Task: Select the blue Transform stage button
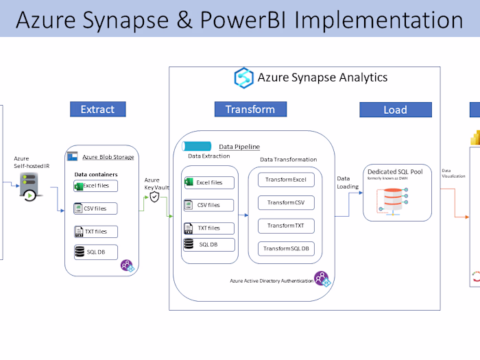250,109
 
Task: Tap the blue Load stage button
395,110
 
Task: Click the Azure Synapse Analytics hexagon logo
243,77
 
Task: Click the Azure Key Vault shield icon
155,197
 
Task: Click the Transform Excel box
286,180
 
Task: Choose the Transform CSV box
286,203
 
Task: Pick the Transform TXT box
286,226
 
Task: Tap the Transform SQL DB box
286,248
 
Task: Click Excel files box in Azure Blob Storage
95,186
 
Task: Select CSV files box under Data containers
95,208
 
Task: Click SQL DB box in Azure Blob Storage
95,252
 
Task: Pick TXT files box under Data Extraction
208,228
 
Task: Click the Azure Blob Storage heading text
108,157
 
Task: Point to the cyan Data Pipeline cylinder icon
197,146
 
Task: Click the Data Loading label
348,182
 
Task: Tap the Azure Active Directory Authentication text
271,281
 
